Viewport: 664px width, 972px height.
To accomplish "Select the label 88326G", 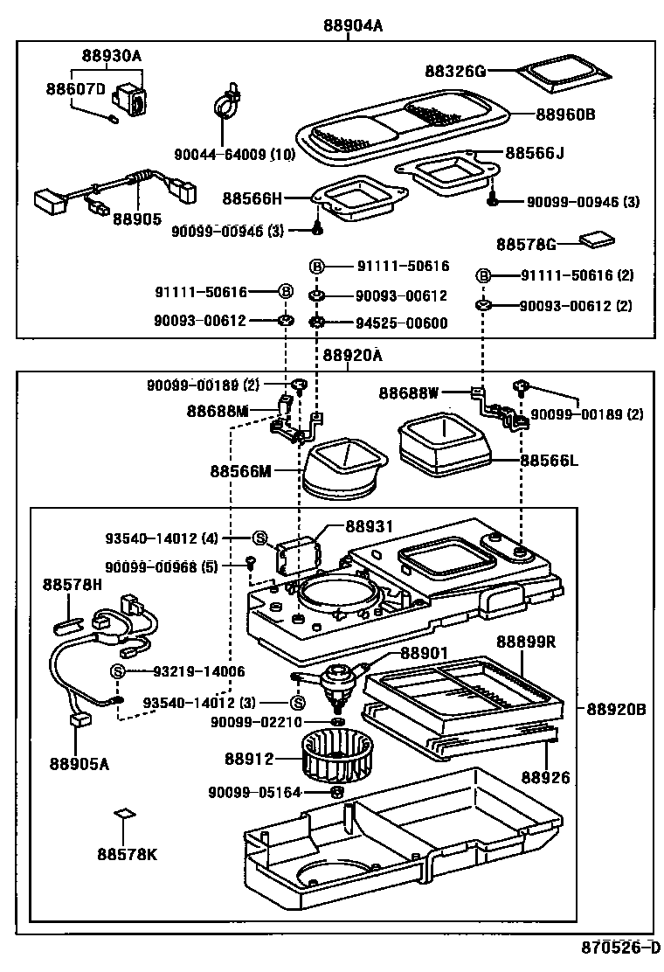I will pos(455,71).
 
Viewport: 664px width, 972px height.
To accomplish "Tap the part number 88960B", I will pos(565,114).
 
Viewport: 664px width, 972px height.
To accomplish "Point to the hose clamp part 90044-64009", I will pos(229,104).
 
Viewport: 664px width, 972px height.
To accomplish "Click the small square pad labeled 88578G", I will pos(598,240).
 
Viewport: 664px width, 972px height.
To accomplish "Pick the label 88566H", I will pos(252,198).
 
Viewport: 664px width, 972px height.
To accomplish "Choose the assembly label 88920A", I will pos(352,356).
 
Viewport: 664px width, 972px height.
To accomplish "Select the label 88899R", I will pos(527,642).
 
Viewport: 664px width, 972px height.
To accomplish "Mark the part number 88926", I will pos(545,776).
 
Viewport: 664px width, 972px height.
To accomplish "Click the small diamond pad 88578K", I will pos(126,815).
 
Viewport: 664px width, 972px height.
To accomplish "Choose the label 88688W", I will pos(409,392).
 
